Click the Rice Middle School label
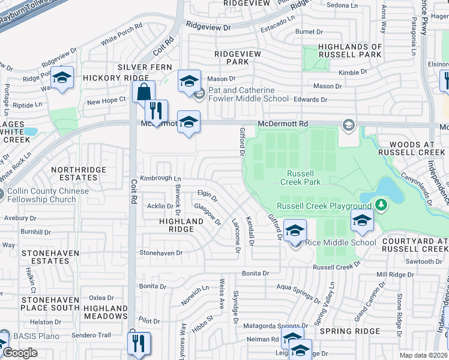click(x=340, y=242)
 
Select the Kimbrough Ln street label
click(x=160, y=179)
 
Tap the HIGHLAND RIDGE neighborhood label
click(x=181, y=225)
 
